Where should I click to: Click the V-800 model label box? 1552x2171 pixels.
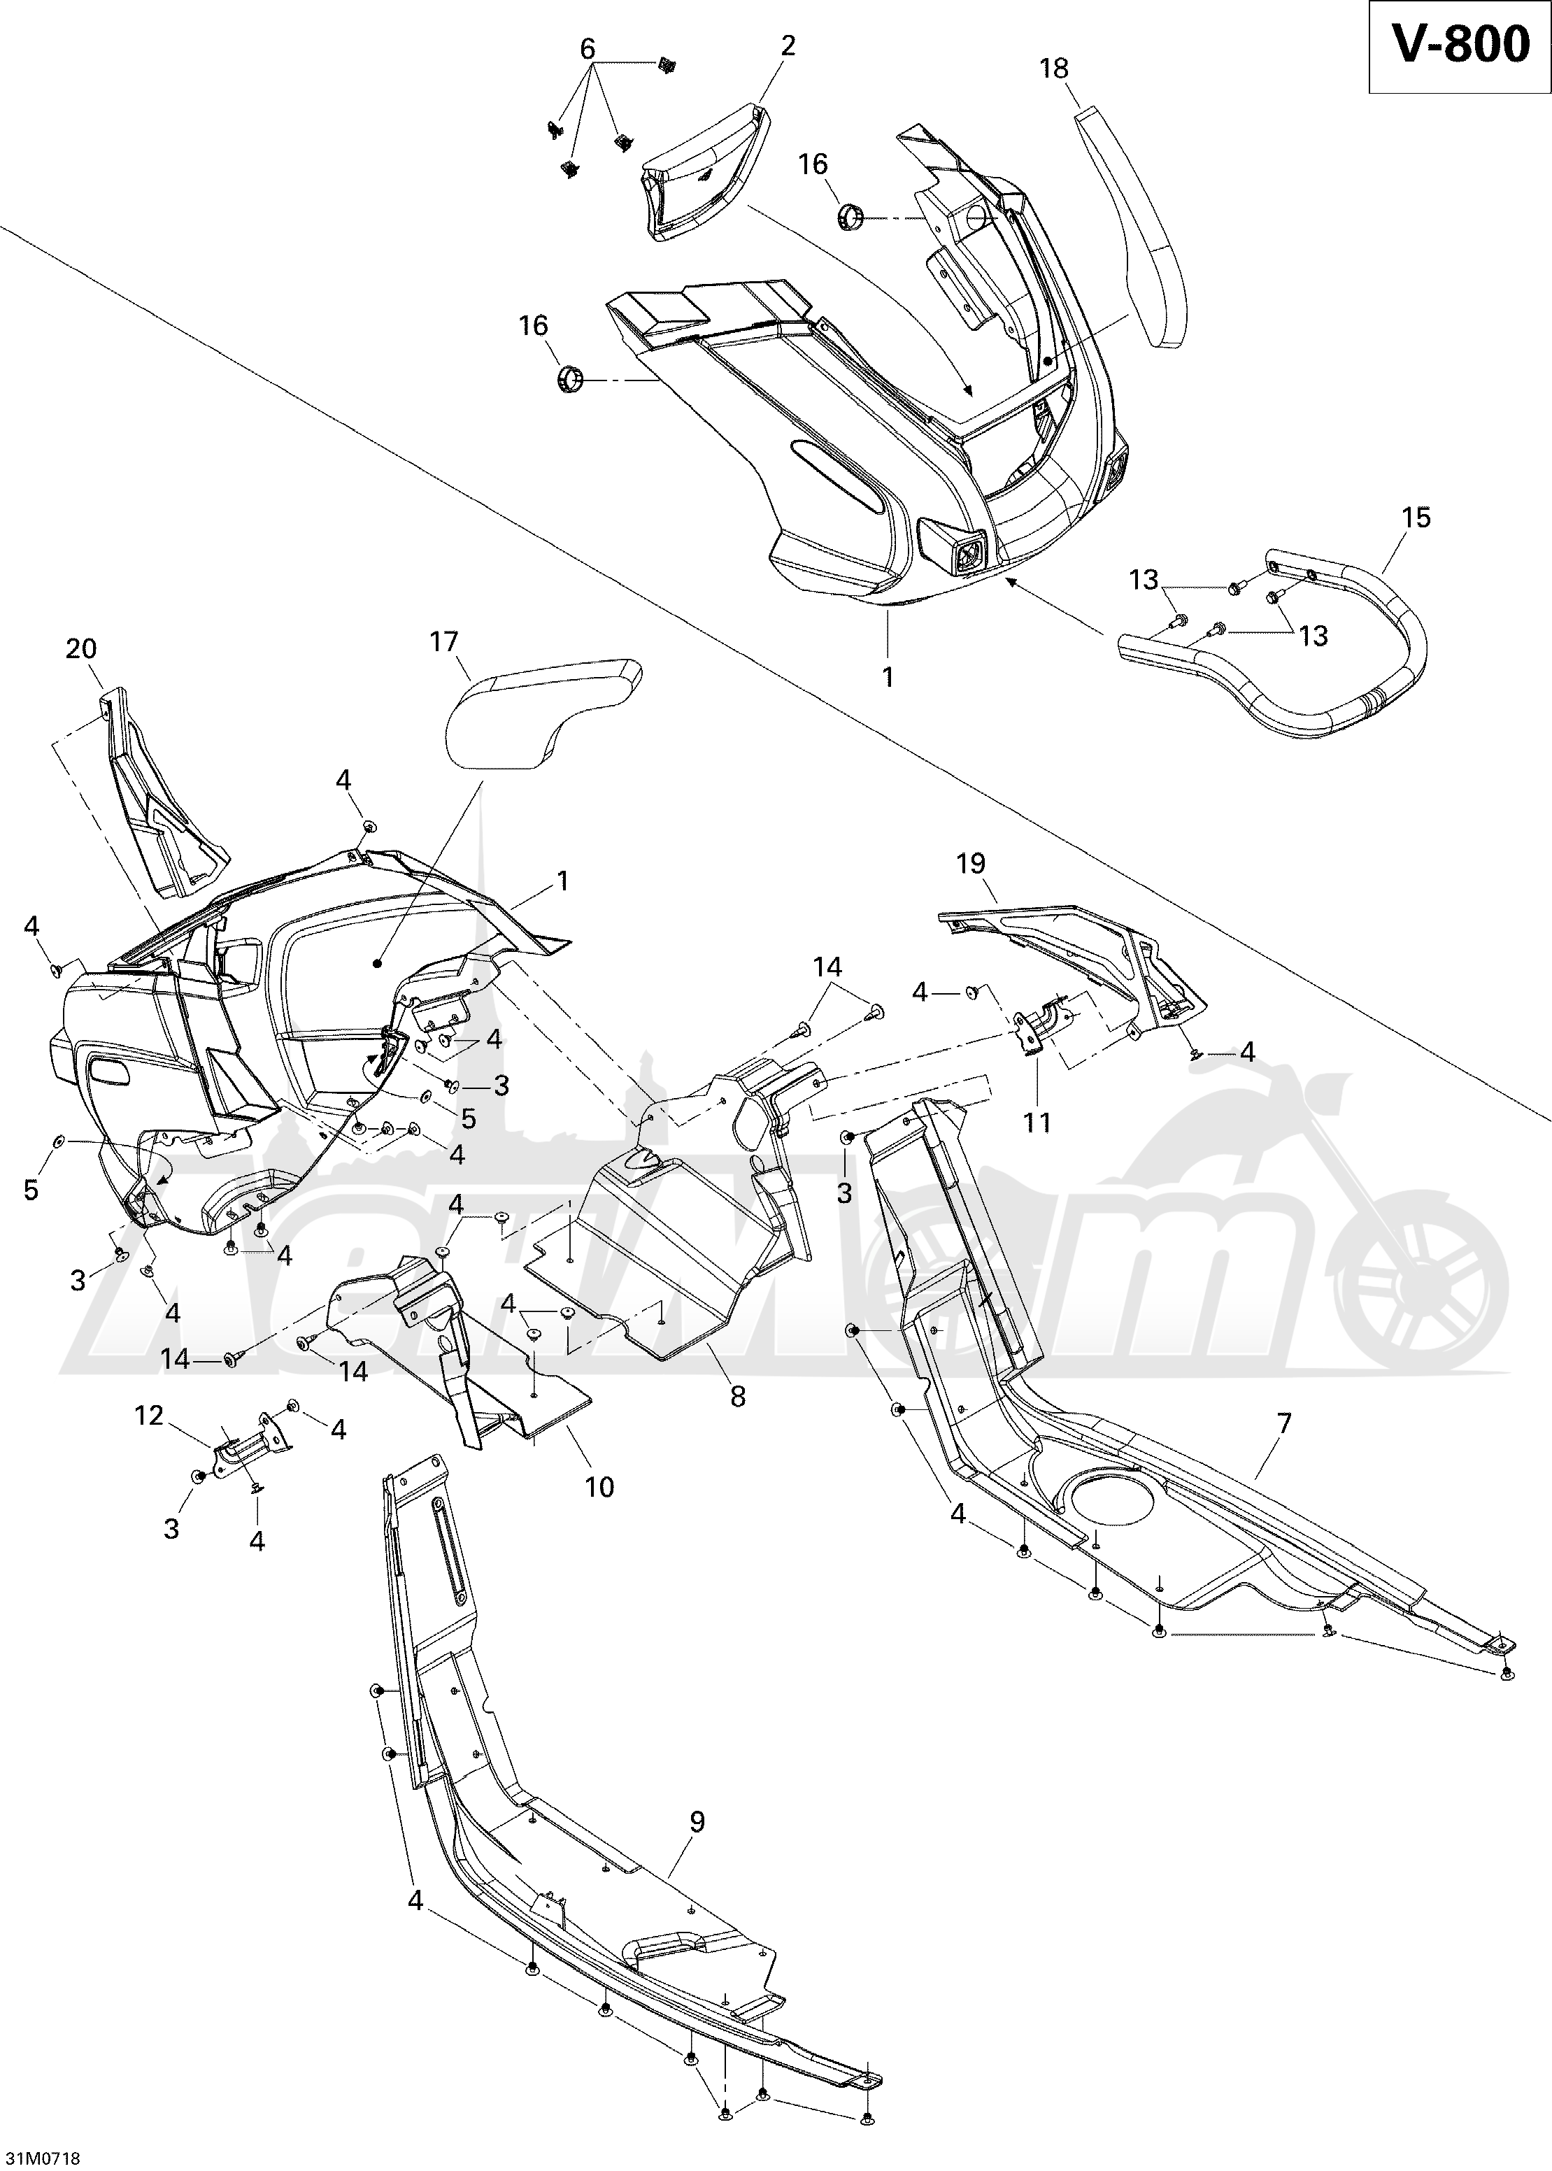click(1458, 47)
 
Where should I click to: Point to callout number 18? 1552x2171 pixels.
click(1054, 69)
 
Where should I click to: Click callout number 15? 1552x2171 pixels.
click(1416, 517)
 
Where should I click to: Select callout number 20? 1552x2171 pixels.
click(81, 649)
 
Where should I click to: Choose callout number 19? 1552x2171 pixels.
click(971, 864)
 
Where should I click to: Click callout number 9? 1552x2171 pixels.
click(697, 1822)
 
